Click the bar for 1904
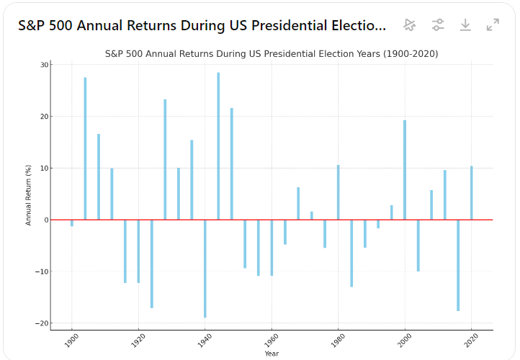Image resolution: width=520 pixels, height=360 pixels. [85, 148]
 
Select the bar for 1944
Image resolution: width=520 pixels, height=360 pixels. [218, 146]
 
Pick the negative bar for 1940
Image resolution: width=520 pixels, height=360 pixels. [205, 269]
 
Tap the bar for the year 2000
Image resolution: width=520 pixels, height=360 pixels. [405, 170]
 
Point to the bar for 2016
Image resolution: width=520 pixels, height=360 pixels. [458, 265]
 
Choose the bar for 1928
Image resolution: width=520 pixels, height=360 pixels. [165, 159]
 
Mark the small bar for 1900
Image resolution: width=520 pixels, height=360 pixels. [72, 223]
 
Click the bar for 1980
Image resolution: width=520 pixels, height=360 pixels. [338, 192]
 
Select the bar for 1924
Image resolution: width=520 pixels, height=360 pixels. [152, 264]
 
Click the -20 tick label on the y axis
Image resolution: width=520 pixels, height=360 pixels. [41, 323]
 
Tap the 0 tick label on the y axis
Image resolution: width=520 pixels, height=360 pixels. [45, 220]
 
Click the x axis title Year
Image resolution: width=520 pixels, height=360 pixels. [272, 354]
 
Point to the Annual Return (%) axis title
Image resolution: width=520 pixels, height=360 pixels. [29, 194]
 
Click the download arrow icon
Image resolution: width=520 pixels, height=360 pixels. [465, 25]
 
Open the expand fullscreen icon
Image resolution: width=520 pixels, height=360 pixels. [493, 25]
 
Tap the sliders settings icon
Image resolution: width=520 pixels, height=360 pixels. [438, 25]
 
